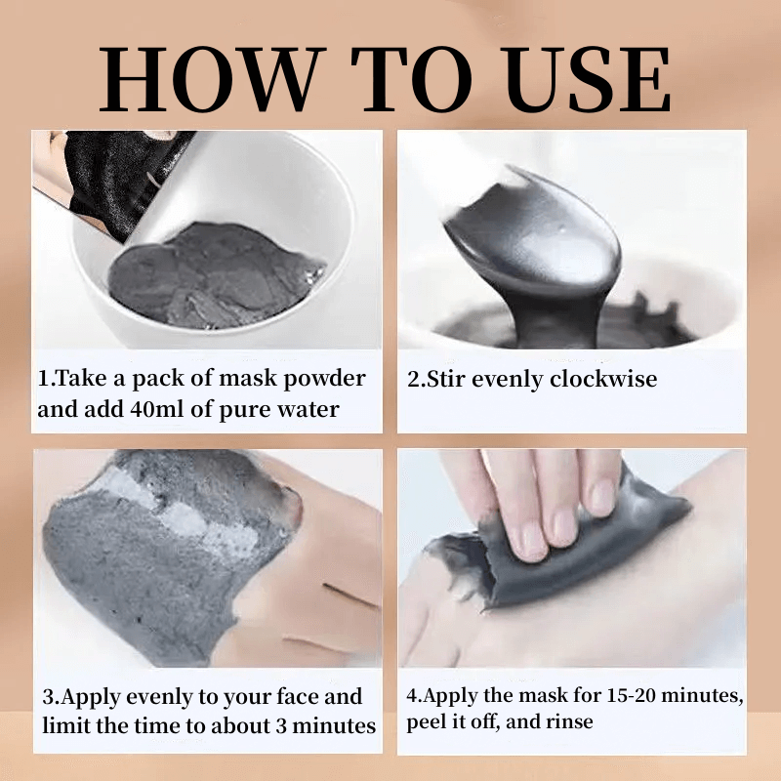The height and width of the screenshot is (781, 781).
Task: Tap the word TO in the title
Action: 412,79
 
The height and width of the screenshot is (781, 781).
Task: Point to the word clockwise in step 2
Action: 603,379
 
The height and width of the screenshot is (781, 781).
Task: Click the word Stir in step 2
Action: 446,379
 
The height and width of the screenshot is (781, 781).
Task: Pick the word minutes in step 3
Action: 334,725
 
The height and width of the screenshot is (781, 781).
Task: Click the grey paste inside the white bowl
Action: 215,275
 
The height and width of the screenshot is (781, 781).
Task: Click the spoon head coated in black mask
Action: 533,234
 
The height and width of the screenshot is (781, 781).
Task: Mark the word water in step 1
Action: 308,409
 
